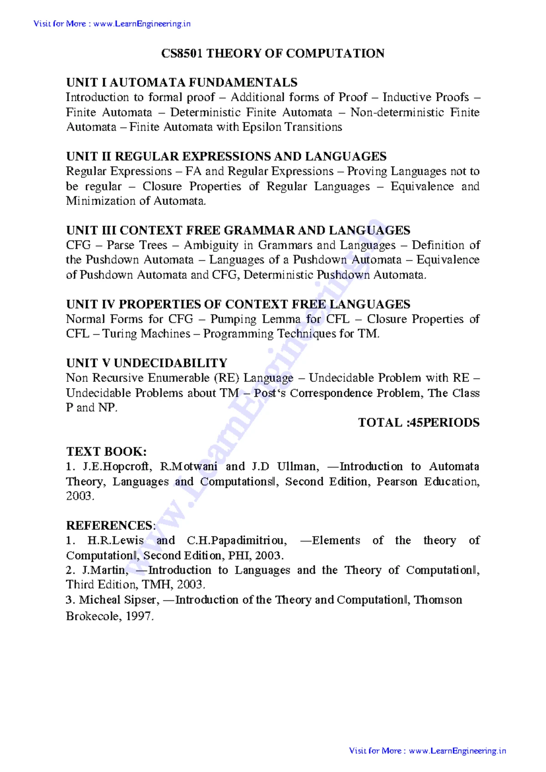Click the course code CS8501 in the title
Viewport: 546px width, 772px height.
pos(182,54)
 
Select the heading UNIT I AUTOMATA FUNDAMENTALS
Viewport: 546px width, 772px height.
pos(182,82)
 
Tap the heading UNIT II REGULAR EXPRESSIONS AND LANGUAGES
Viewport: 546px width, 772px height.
pos(226,157)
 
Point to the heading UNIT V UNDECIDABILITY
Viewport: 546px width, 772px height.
pos(147,363)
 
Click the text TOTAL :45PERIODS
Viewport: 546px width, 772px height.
pos(419,423)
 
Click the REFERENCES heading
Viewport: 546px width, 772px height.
pos(110,526)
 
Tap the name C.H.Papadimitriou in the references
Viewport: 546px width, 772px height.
pos(237,541)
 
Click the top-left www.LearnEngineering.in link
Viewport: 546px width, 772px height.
pos(142,24)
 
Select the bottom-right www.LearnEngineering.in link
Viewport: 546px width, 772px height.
pos(457,751)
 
